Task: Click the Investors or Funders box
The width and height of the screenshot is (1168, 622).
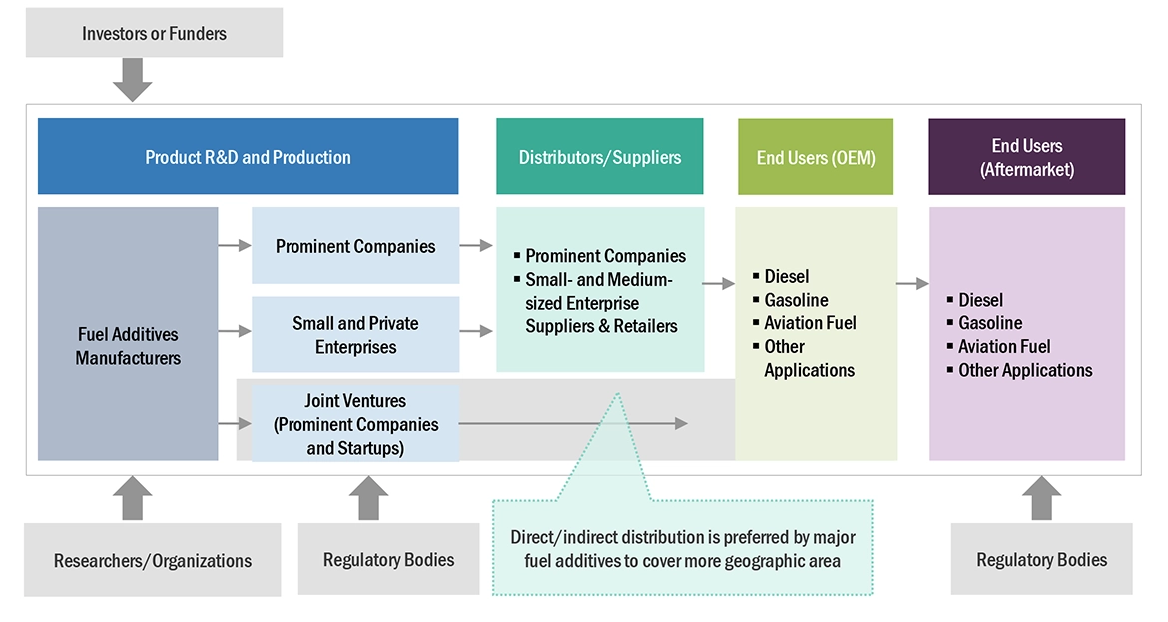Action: point(154,34)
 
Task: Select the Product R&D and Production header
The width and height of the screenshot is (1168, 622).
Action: point(248,157)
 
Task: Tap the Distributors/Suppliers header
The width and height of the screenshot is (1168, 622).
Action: point(599,157)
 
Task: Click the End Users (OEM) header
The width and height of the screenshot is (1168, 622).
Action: point(816,157)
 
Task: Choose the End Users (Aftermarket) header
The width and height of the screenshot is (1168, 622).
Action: point(1026,157)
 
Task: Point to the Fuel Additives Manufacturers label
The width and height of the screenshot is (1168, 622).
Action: point(128,346)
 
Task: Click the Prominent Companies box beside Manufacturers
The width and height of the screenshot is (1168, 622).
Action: point(355,246)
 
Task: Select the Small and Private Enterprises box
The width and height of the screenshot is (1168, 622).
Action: point(355,335)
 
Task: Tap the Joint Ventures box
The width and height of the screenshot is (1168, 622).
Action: point(355,424)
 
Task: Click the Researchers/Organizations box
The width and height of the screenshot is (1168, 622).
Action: point(152,560)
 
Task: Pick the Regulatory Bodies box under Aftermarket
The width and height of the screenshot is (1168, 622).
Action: point(1041,559)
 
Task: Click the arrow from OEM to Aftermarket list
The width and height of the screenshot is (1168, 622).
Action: point(912,284)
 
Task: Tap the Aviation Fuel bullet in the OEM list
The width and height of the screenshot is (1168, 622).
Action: point(810,323)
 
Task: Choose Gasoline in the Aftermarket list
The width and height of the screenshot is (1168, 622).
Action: point(990,323)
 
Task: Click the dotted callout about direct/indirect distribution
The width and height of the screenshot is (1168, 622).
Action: point(683,548)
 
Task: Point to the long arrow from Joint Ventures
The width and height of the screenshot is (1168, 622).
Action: point(574,424)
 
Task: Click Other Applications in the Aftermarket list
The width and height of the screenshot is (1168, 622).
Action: point(1025,370)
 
